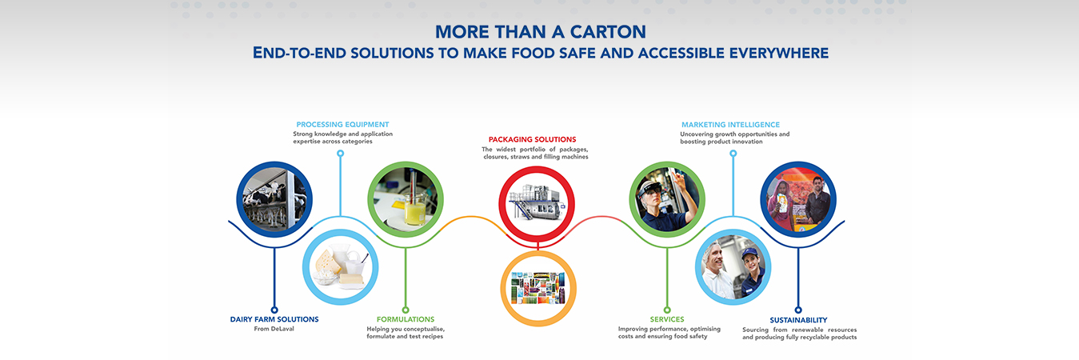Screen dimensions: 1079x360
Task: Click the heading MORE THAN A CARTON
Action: (540, 32)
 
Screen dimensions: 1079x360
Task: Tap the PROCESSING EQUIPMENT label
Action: (342, 124)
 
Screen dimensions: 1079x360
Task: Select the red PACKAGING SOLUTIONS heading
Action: (532, 139)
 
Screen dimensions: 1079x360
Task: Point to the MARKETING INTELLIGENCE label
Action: (730, 124)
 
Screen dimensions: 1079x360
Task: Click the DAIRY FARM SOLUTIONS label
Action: (274, 319)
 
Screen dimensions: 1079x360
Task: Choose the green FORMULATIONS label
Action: (405, 319)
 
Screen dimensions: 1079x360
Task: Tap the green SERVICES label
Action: (666, 319)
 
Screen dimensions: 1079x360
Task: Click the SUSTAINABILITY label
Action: (798, 320)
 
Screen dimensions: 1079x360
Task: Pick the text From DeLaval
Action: (274, 329)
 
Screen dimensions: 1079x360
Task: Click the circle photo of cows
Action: (274, 199)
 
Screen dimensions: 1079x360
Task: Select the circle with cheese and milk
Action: (340, 267)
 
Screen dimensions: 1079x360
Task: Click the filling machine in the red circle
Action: (536, 202)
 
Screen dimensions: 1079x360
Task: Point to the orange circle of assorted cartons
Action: (538, 288)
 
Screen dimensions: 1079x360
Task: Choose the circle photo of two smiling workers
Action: (733, 267)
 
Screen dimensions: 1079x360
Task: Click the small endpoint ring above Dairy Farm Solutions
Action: (274, 310)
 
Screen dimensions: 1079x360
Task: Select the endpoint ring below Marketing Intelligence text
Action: (733, 154)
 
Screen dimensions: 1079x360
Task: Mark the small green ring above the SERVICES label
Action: (666, 310)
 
